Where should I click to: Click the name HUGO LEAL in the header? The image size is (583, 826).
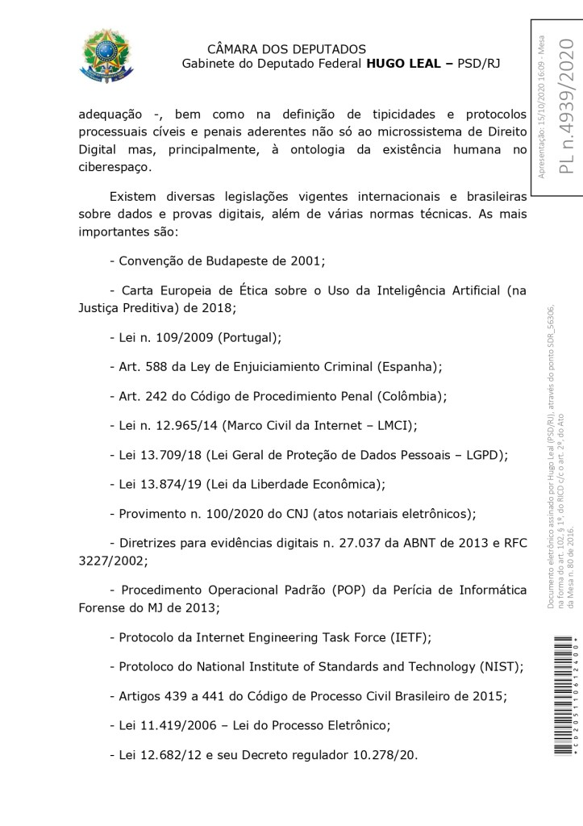402,64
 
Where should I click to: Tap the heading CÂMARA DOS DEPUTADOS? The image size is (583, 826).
286,49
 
